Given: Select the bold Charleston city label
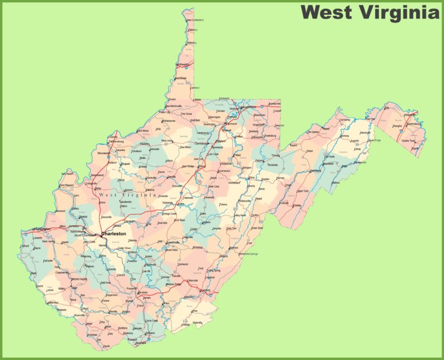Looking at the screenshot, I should pyautogui.click(x=114, y=234).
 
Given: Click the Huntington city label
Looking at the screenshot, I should pyautogui.click(x=42, y=229).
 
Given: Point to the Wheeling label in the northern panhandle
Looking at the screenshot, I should pyautogui.click(x=183, y=65).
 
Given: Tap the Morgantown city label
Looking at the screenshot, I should pyautogui.click(x=247, y=107).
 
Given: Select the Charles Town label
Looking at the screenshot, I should pyautogui.click(x=408, y=140).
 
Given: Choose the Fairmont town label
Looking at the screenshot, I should pyautogui.click(x=231, y=124).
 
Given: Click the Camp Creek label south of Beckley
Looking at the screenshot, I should pyautogui.click(x=151, y=321).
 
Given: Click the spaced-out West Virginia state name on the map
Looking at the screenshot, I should pyautogui.click(x=127, y=195).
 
